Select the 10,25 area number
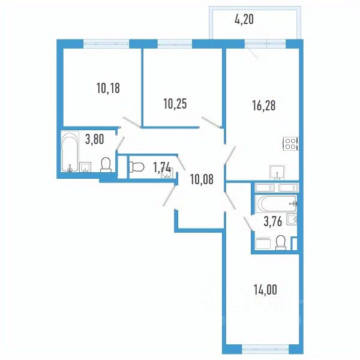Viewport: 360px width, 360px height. tap(175, 103)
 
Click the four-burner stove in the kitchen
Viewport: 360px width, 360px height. tap(290, 144)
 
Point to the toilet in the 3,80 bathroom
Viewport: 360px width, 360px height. tap(106, 164)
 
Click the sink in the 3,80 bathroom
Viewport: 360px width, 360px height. tap(86, 167)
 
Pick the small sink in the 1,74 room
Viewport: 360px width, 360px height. tap(169, 173)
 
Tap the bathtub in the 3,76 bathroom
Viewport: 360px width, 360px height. tap(276, 203)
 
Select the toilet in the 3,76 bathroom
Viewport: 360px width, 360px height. tap(280, 242)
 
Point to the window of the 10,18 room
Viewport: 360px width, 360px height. tap(106, 43)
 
